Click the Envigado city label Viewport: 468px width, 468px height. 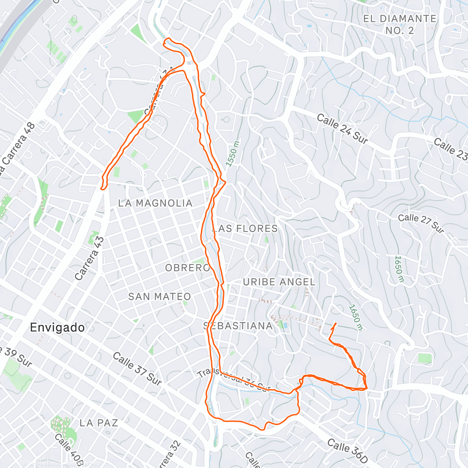point(57,327)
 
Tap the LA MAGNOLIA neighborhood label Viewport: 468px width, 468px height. point(155,203)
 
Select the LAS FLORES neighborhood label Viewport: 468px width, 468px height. point(245,229)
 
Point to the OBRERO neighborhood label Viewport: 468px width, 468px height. point(188,268)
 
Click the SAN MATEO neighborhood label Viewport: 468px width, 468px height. point(160,296)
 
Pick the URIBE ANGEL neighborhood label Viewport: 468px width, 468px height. point(279,282)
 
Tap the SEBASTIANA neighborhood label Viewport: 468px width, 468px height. point(238,326)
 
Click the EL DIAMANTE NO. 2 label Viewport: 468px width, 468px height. point(399,24)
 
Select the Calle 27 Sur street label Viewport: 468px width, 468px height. point(421,223)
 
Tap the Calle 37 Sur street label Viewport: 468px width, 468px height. point(137,369)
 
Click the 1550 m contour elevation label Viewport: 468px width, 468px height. point(232,153)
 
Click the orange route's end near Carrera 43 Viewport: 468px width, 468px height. point(102,189)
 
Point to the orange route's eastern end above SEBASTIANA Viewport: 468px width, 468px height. point(336,324)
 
